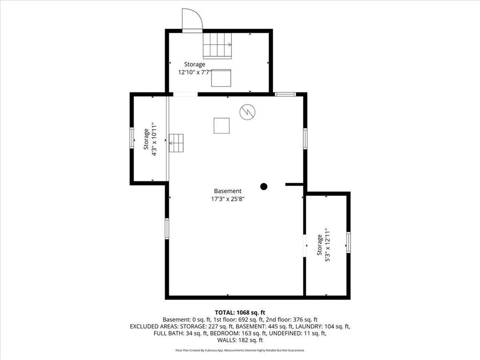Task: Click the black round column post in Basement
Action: pyautogui.click(x=264, y=186)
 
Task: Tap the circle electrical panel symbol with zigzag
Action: pyautogui.click(x=247, y=112)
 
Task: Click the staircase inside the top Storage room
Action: pyautogui.click(x=217, y=45)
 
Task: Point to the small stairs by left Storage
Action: pyautogui.click(x=176, y=143)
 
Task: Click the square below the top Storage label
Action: pyautogui.click(x=221, y=78)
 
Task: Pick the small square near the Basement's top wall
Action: pyautogui.click(x=221, y=126)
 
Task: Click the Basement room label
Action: pyautogui.click(x=228, y=191)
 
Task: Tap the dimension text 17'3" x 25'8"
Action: pyautogui.click(x=228, y=199)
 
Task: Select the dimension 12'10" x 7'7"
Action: pyautogui.click(x=195, y=72)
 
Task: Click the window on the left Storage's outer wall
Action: pyautogui.click(x=132, y=138)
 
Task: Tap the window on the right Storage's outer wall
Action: pyautogui.click(x=348, y=242)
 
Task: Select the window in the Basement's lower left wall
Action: pyautogui.click(x=167, y=229)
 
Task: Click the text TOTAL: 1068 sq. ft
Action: pyautogui.click(x=240, y=312)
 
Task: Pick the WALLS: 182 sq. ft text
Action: pyautogui.click(x=240, y=340)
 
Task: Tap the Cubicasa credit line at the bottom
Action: pyautogui.click(x=240, y=350)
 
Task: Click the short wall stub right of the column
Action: pyautogui.click(x=294, y=185)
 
